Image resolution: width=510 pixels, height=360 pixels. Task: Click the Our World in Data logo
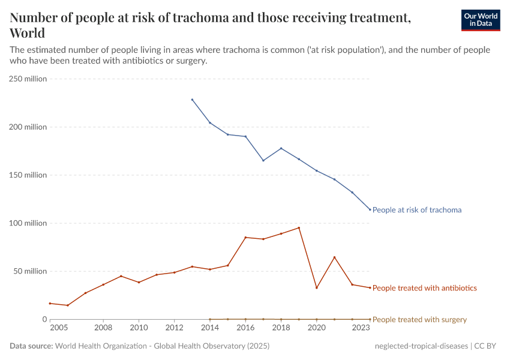480,20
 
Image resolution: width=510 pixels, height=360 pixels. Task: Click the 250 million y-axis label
27,79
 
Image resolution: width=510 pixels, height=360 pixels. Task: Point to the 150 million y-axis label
27,175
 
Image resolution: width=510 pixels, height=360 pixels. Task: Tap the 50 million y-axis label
29,271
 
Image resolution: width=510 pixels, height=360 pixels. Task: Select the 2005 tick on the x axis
59,328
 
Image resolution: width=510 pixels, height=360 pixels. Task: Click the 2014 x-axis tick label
210,328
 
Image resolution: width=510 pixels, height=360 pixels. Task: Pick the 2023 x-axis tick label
361,328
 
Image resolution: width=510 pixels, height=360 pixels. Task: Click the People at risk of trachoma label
417,210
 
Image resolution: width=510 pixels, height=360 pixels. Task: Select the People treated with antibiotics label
425,288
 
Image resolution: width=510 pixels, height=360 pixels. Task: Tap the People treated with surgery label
419,320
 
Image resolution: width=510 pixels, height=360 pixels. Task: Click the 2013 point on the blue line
192,100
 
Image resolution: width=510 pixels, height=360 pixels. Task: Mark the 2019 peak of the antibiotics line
299,227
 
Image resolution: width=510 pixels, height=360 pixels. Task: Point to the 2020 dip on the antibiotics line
317,288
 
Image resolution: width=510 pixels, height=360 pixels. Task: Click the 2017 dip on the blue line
263,160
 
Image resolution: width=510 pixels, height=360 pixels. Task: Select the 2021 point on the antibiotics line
334,257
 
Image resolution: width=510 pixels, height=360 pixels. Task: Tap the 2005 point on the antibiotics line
50,304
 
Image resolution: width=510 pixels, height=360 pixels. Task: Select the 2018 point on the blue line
281,148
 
